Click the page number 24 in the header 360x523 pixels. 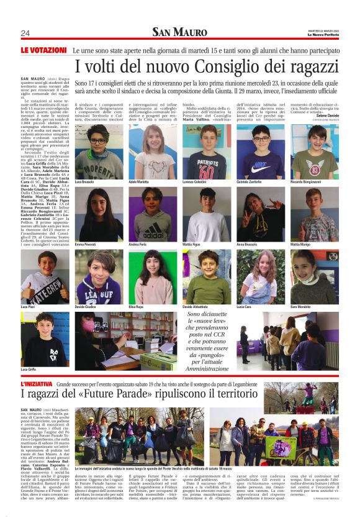[x=25, y=33]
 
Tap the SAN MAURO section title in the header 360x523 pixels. [x=179, y=32]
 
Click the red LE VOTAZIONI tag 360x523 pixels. [x=43, y=50]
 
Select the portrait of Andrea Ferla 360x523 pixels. [x=152, y=215]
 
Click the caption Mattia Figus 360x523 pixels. [x=192, y=245]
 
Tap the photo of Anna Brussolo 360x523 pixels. [x=260, y=215]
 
